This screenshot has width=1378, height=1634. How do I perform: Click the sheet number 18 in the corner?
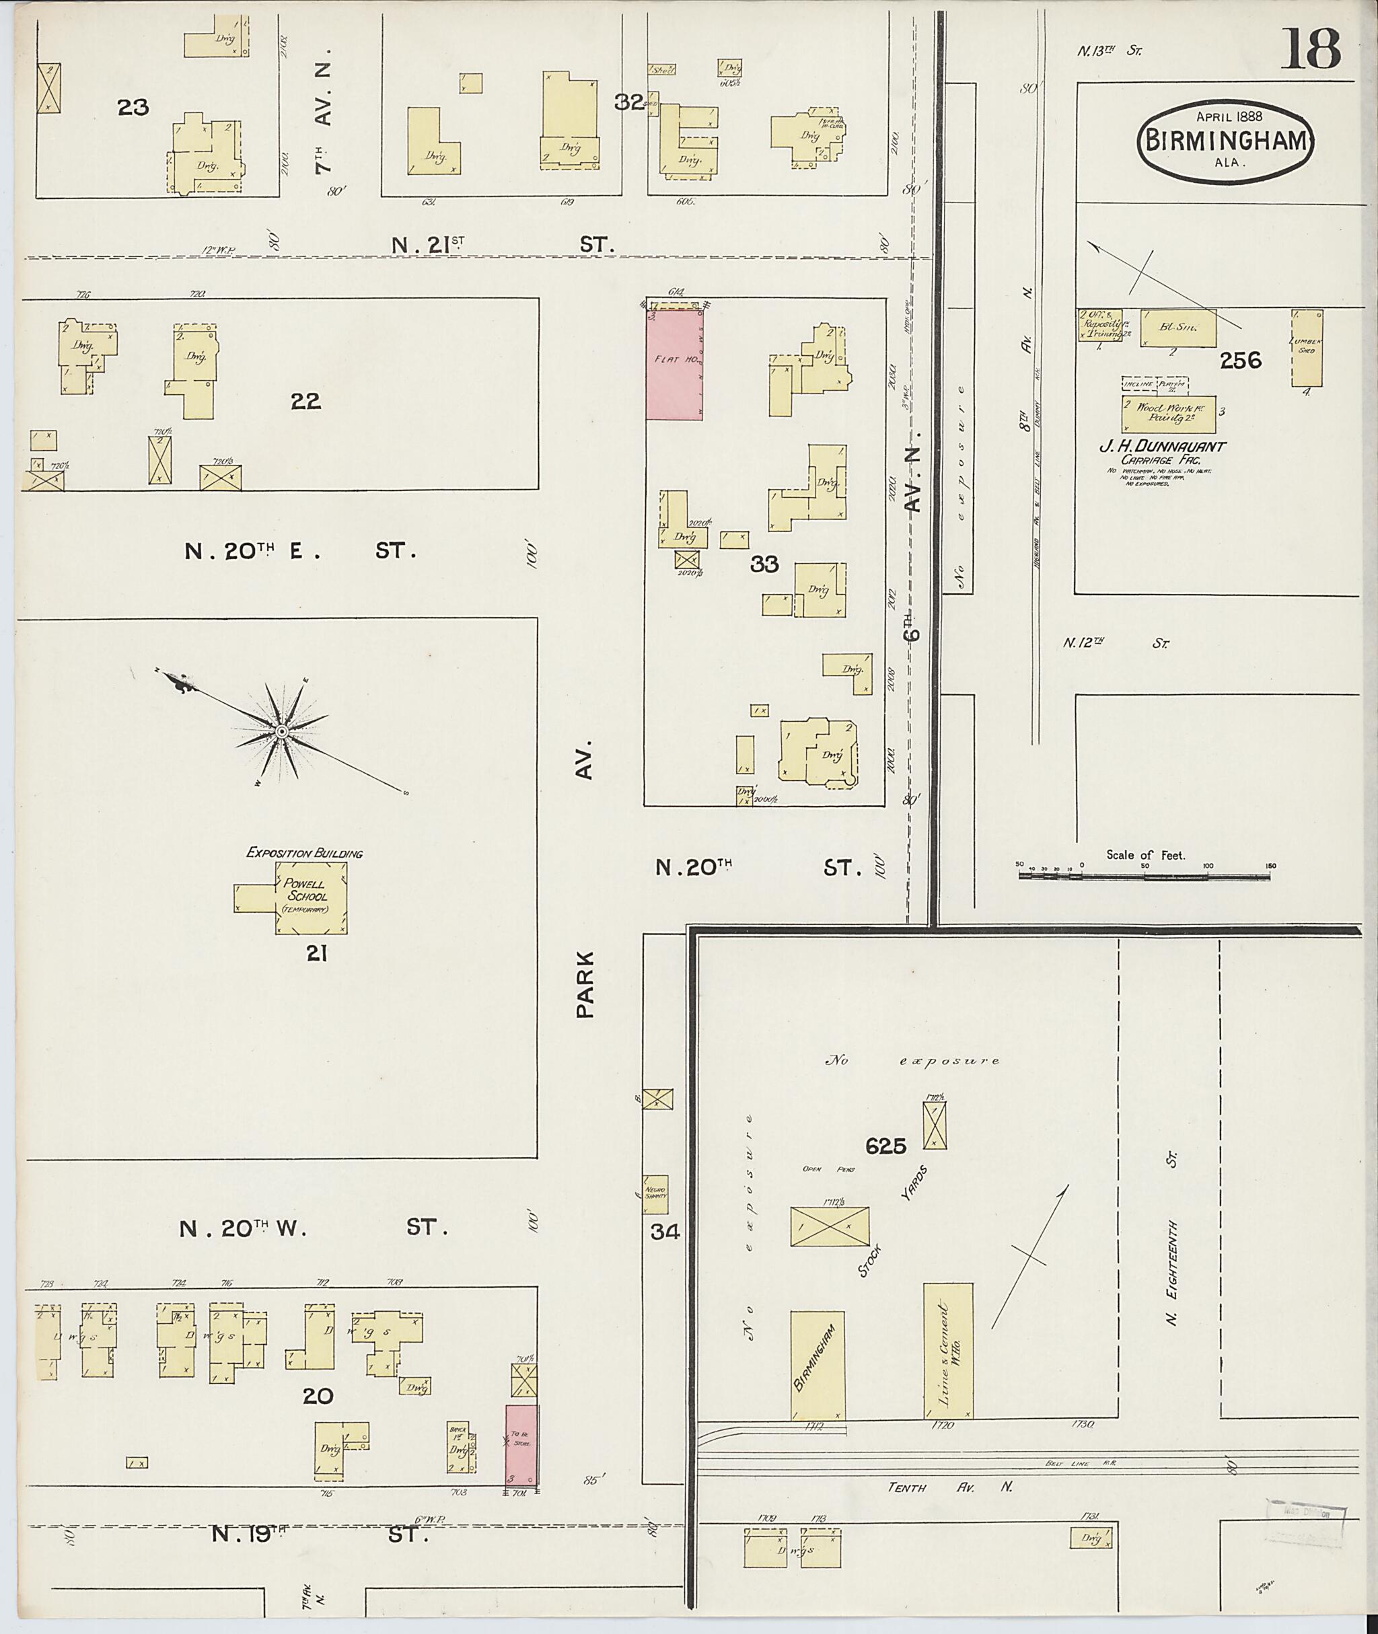[1310, 48]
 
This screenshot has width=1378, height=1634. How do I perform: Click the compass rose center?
[281, 731]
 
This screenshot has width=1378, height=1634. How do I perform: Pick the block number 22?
[305, 402]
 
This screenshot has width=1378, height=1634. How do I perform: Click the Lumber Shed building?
[1307, 348]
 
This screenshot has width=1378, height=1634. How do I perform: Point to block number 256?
[1241, 360]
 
